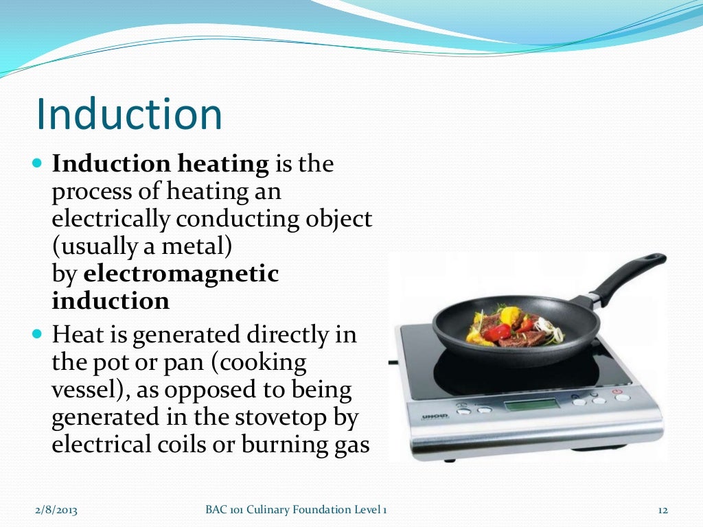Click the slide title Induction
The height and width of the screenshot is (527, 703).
(129, 114)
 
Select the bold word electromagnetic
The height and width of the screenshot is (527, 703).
(181, 274)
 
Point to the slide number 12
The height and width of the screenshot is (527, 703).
(662, 509)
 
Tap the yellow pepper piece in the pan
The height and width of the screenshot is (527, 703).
(510, 316)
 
